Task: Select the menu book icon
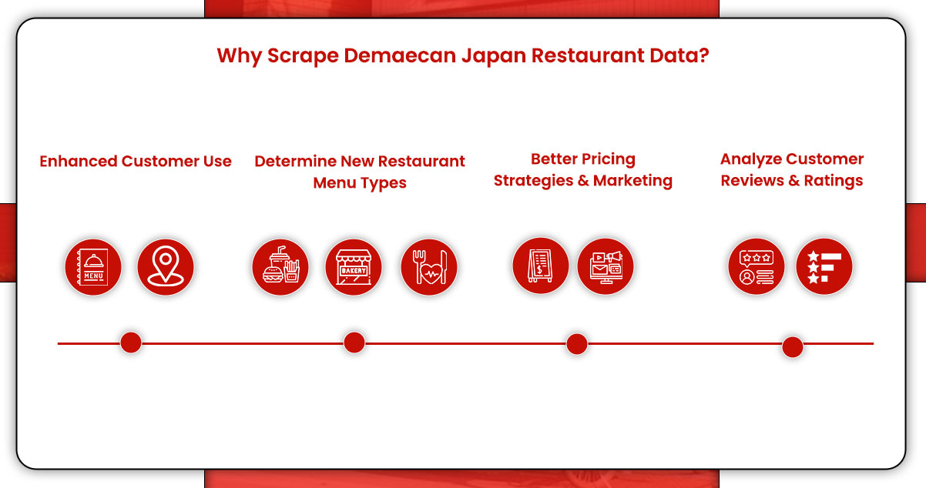[93, 267]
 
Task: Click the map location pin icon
[166, 267]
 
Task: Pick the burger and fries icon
[280, 267]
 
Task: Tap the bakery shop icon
[354, 267]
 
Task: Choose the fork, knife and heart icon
[429, 267]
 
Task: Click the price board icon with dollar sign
[541, 266]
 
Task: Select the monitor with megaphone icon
[606, 266]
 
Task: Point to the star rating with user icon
[757, 267]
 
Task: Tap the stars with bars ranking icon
[824, 267]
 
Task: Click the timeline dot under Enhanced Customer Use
[131, 343]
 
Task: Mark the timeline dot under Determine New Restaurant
[354, 343]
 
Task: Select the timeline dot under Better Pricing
[576, 344]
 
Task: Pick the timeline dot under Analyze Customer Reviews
[792, 347]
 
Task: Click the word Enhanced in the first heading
[75, 162]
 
